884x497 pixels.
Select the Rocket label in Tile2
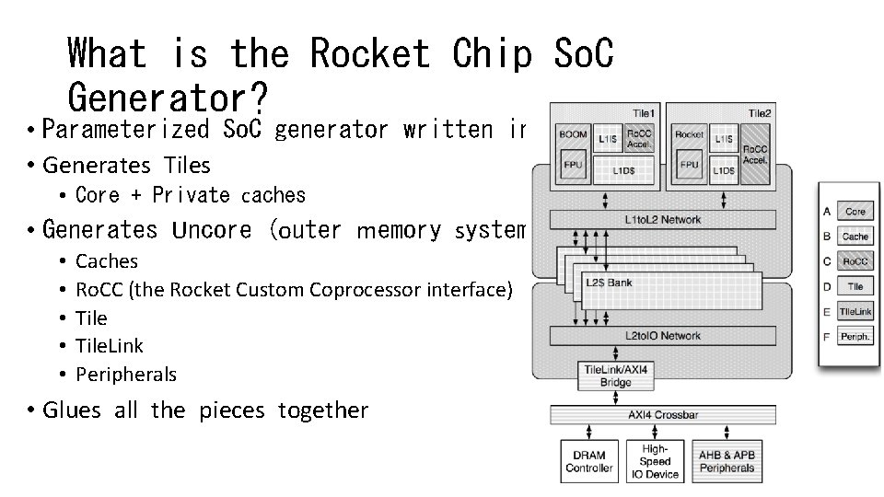[x=689, y=134]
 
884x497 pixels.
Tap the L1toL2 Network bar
[x=662, y=220]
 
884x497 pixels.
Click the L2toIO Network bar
[x=662, y=336]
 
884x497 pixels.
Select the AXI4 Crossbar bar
[x=662, y=415]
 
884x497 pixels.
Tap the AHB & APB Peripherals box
[x=727, y=461]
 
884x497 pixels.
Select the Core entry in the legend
[x=855, y=212]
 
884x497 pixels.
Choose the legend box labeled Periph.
[x=855, y=337]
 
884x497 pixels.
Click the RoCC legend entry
[x=855, y=261]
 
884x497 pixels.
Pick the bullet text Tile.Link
[x=110, y=346]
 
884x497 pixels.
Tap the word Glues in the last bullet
[x=76, y=410]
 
